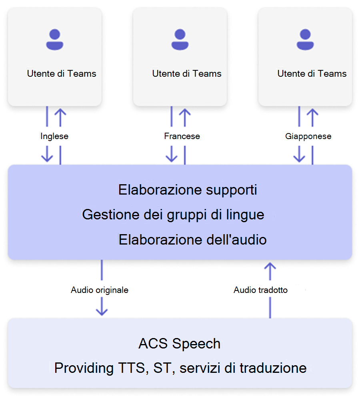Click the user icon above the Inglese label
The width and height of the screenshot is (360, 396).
(x=55, y=40)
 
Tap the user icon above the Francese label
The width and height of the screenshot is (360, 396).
(x=180, y=40)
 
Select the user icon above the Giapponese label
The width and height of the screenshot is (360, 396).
(x=305, y=40)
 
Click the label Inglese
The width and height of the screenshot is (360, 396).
(x=54, y=136)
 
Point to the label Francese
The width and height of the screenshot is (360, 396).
(x=182, y=136)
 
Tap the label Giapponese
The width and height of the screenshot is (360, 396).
(x=308, y=136)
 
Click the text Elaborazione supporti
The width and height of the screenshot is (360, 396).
(x=188, y=190)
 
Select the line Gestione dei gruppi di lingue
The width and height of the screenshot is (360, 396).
(x=173, y=215)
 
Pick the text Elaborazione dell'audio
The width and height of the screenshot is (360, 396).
(x=193, y=240)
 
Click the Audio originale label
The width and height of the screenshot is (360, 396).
(x=100, y=290)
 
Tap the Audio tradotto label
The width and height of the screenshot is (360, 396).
(x=260, y=290)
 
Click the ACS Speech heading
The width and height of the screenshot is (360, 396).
(x=180, y=344)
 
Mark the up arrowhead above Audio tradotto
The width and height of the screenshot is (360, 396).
(x=271, y=267)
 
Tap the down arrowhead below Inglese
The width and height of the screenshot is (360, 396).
(x=47, y=157)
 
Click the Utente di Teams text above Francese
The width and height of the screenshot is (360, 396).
(x=187, y=74)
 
